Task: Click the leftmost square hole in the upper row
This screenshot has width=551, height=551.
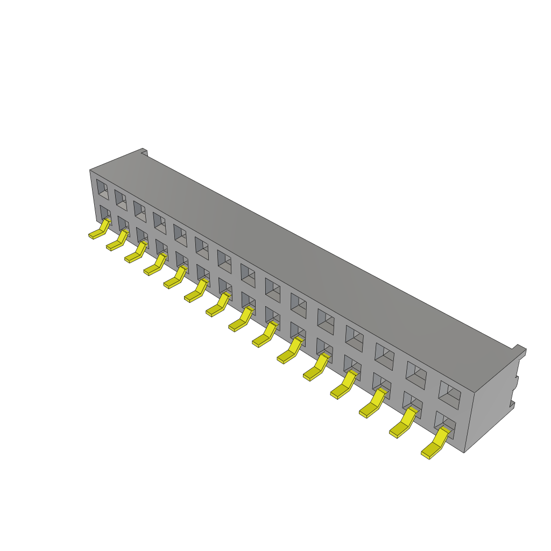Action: click(102, 189)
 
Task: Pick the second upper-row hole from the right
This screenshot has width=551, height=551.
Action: click(416, 372)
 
